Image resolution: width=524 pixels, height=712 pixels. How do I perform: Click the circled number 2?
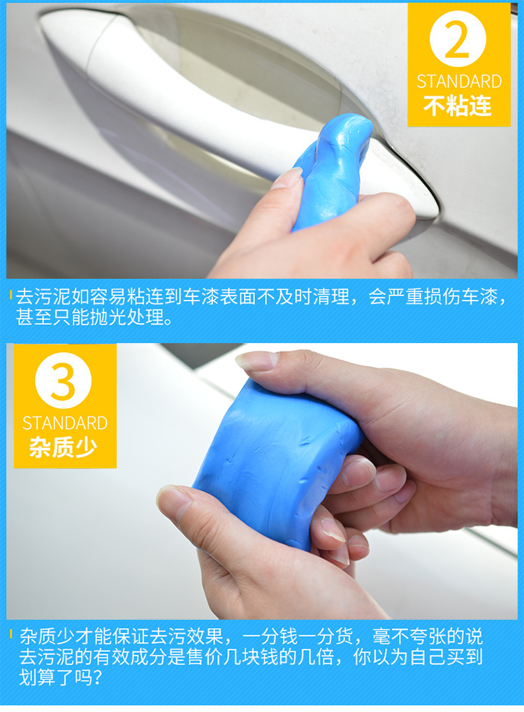458,39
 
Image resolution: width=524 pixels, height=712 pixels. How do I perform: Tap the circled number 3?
63,381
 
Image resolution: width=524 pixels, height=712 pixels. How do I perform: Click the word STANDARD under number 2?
459,82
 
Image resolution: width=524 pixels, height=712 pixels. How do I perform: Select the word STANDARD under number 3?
65,423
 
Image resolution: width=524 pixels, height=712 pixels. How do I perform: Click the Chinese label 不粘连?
458,106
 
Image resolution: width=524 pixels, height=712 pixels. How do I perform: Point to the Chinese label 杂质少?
64,447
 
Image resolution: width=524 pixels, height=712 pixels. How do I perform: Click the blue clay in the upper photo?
333,170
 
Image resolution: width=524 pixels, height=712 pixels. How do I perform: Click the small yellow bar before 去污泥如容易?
11,295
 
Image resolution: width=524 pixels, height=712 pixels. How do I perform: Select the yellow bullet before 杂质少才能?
11,634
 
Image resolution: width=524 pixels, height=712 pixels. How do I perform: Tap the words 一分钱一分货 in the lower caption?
298,636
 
